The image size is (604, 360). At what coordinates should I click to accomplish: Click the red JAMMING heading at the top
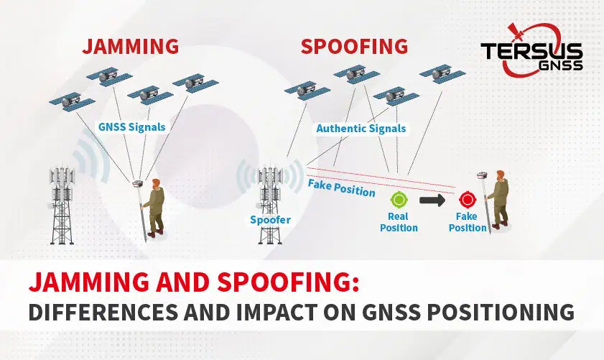pyautogui.click(x=131, y=46)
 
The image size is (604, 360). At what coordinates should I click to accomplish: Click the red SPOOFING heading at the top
pyautogui.click(x=354, y=46)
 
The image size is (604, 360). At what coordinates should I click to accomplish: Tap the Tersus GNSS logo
pyautogui.click(x=531, y=50)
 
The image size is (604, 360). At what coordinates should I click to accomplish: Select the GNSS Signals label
pyautogui.click(x=131, y=126)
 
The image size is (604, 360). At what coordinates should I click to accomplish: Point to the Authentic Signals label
pyautogui.click(x=361, y=129)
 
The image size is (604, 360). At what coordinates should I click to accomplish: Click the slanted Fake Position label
pyautogui.click(x=341, y=188)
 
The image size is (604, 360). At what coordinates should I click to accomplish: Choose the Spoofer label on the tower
pyautogui.click(x=271, y=220)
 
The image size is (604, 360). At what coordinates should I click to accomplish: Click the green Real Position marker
pyautogui.click(x=399, y=200)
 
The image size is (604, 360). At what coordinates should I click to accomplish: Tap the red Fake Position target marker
pyautogui.click(x=468, y=200)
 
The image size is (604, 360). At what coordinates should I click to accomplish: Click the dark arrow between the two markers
pyautogui.click(x=432, y=200)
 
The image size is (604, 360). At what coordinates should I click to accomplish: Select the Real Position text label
pyautogui.click(x=399, y=222)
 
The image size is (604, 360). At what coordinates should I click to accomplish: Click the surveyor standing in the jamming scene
pyautogui.click(x=153, y=208)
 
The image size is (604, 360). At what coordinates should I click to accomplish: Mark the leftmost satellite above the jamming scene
pyautogui.click(x=72, y=102)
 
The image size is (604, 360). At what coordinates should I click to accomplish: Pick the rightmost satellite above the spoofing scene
pyautogui.click(x=442, y=73)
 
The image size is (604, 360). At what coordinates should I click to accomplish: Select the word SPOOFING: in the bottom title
pyautogui.click(x=288, y=282)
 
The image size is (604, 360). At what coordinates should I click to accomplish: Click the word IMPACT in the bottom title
pyautogui.click(x=277, y=312)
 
